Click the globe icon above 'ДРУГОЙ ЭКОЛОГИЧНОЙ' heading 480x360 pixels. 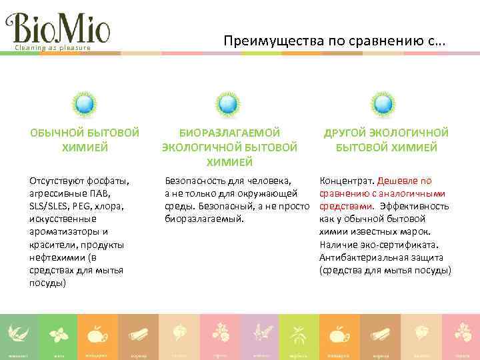tap(382, 104)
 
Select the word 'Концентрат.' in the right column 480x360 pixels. tap(347, 181)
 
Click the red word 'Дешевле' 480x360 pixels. tap(399, 181)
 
